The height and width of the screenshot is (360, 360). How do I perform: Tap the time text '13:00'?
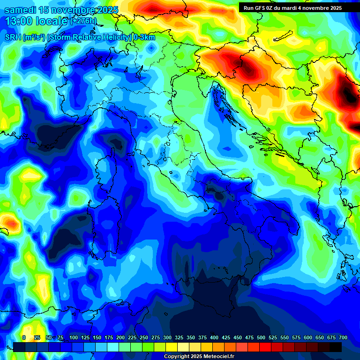tap(18, 21)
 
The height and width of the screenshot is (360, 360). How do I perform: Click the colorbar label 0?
tap(24, 337)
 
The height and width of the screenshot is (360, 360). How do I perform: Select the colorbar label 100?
tap(74, 337)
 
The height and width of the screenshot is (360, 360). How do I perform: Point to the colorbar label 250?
tap(144, 337)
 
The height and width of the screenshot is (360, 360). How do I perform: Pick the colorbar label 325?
tap(179, 337)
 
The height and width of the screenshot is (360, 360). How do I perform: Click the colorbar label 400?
tap(214, 337)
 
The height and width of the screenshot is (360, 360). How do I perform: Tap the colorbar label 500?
tap(261, 337)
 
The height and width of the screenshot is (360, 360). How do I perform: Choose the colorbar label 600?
tap(308, 337)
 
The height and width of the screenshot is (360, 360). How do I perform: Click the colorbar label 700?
tap(343, 337)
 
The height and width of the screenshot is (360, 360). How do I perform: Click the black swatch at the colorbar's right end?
tap(336, 347)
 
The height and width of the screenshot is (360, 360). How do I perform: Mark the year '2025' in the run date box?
tap(335, 8)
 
